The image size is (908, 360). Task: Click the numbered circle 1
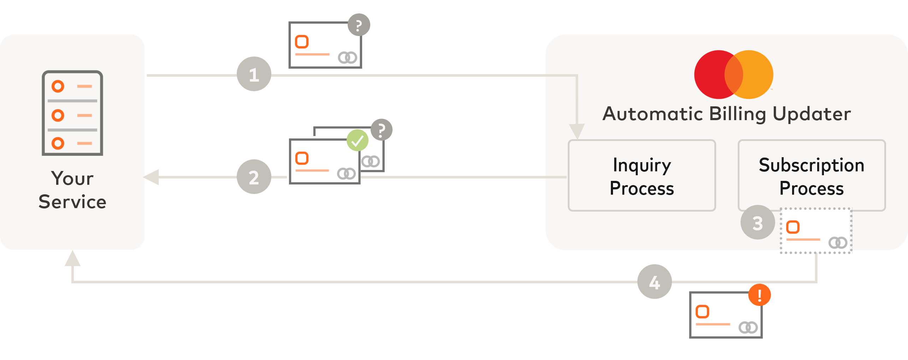[x=254, y=74]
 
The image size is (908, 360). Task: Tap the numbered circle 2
[x=254, y=177]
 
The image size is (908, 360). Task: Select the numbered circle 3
[x=757, y=223]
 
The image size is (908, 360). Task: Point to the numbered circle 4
[x=654, y=282]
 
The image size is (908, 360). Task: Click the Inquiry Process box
[x=642, y=176]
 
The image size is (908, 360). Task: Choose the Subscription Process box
[x=811, y=176]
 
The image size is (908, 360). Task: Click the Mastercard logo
[x=733, y=75]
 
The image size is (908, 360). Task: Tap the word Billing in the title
[x=738, y=114]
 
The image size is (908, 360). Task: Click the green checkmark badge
[x=358, y=140]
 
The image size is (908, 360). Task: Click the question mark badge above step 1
[x=359, y=25]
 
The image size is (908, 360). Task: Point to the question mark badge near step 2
[x=381, y=130]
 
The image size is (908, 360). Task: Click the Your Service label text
[x=72, y=190]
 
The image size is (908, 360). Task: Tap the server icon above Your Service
[x=72, y=113]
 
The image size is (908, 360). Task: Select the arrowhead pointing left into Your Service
[x=152, y=177]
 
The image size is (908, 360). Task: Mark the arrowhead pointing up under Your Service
[x=72, y=259]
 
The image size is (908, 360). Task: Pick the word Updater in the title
[x=812, y=114]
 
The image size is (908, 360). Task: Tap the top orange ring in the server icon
[x=58, y=86]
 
